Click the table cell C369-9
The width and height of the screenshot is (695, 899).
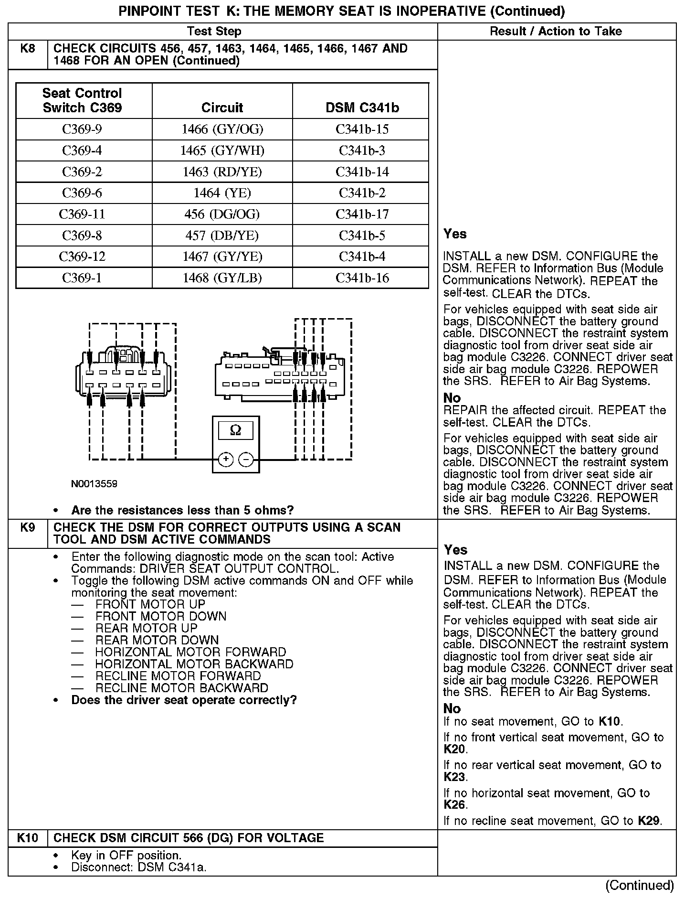pos(82,129)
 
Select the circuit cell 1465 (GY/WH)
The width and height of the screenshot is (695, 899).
pos(222,150)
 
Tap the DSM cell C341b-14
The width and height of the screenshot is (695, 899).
pos(362,172)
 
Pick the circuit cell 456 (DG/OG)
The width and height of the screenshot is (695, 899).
pos(222,214)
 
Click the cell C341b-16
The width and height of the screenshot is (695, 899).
pos(362,278)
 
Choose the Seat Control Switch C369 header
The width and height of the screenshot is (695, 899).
pos(82,100)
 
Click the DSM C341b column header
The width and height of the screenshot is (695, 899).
pos(362,107)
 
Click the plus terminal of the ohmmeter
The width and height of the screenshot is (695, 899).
pos(225,460)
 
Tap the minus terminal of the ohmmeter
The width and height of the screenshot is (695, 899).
pos(246,460)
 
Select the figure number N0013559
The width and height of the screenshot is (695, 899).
pos(94,484)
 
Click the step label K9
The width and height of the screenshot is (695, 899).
pos(28,527)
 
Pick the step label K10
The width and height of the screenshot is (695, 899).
pos(28,838)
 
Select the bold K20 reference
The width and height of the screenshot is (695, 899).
pos(454,749)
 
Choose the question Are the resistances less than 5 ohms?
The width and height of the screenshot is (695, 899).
pos(182,510)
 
